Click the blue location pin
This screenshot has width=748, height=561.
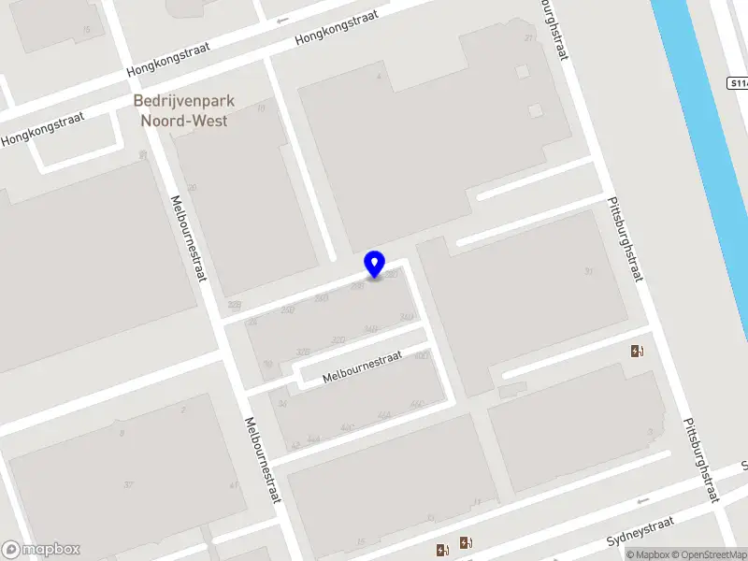(375, 265)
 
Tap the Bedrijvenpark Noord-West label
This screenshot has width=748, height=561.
(184, 110)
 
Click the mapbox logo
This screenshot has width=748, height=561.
(41, 550)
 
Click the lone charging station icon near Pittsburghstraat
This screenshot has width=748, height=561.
(638, 351)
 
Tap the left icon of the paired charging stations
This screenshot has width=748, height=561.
(441, 549)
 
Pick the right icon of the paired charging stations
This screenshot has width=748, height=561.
(466, 543)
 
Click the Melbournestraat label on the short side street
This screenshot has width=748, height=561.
(362, 367)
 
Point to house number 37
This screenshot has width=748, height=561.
(128, 483)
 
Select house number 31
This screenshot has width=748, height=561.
(588, 271)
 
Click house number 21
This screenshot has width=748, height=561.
(529, 38)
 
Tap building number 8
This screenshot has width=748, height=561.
(121, 432)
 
